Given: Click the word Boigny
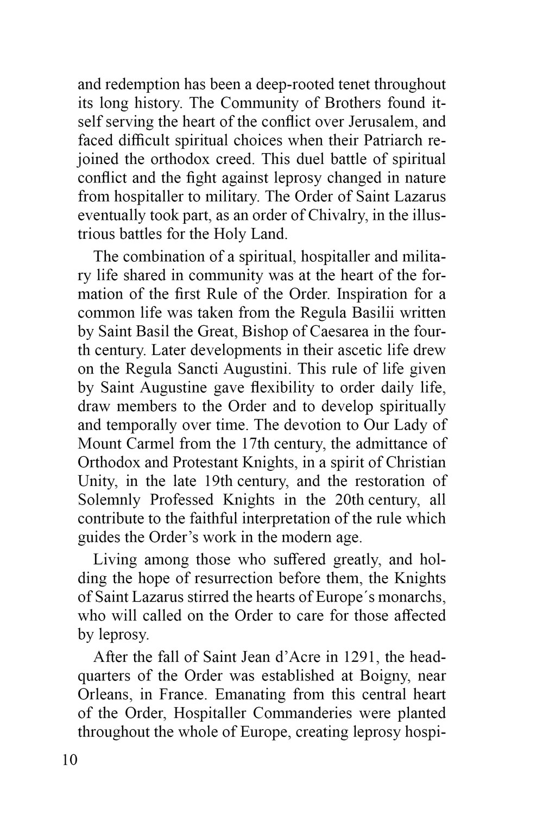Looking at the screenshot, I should coord(393,676).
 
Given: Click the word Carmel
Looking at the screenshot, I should coord(144,444).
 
